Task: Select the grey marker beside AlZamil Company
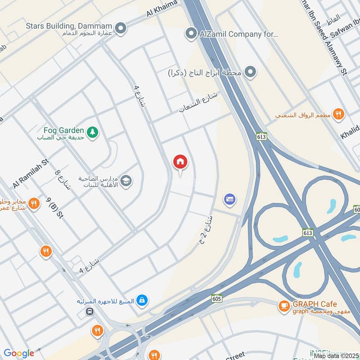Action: pos(192,33)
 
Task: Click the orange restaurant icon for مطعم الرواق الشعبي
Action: pos(339,114)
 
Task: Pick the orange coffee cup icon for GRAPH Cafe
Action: pos(284,306)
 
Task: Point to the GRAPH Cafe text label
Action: pos(315,304)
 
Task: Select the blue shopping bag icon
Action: pos(142,300)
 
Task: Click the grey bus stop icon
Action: pos(90,311)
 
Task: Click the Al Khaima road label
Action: pos(162,9)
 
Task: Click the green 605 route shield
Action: pos(217,298)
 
